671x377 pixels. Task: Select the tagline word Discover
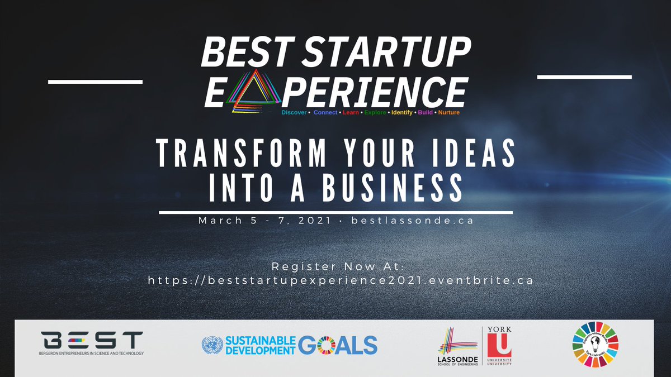[x=294, y=112]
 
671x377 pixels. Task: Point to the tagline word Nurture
[x=449, y=112]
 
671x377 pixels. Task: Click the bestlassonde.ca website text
[x=413, y=221]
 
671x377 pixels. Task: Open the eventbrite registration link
[x=341, y=280]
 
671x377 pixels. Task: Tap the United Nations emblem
[x=211, y=344]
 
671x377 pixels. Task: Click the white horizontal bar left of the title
[x=95, y=82]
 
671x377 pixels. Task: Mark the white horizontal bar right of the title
[x=584, y=77]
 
